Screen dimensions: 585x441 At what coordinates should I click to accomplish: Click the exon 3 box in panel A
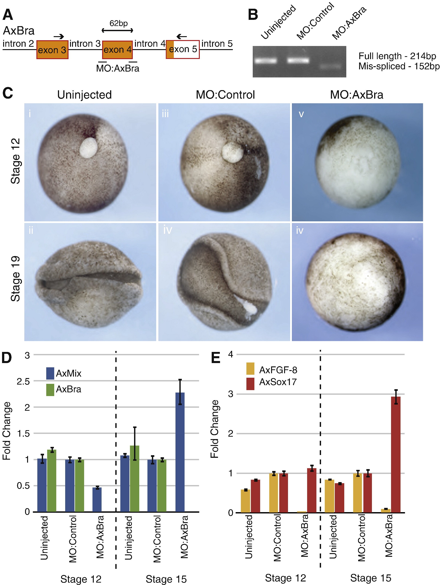(52, 50)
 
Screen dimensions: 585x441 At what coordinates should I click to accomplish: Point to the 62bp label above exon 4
(118, 23)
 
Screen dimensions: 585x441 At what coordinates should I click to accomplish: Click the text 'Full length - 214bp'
(397, 56)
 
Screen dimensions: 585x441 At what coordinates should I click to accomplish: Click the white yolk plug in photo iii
(232, 153)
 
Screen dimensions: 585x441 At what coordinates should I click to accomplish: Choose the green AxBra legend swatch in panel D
(50, 390)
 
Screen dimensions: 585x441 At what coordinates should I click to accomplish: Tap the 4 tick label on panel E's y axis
(230, 355)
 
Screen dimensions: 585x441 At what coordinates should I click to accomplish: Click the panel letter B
(253, 15)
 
